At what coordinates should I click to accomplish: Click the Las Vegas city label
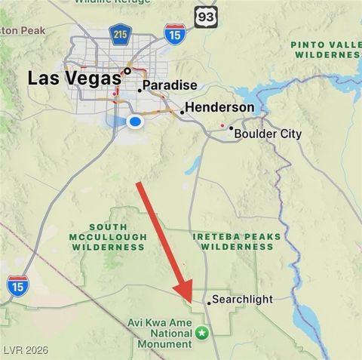[74, 78]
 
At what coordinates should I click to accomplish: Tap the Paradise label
[170, 86]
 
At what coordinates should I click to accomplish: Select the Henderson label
[219, 108]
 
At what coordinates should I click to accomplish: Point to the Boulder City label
[268, 134]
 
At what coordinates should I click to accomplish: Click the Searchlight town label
[242, 300]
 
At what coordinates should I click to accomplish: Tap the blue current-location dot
[136, 121]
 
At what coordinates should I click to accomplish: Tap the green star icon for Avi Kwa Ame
[201, 332]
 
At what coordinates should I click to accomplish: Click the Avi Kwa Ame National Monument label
[164, 332]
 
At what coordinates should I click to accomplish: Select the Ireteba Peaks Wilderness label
[237, 242]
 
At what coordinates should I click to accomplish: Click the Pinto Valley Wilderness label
[326, 50]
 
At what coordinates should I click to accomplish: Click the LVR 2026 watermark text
[25, 352]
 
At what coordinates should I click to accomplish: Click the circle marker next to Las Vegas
[128, 72]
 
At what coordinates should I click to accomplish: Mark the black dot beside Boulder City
[231, 128]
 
